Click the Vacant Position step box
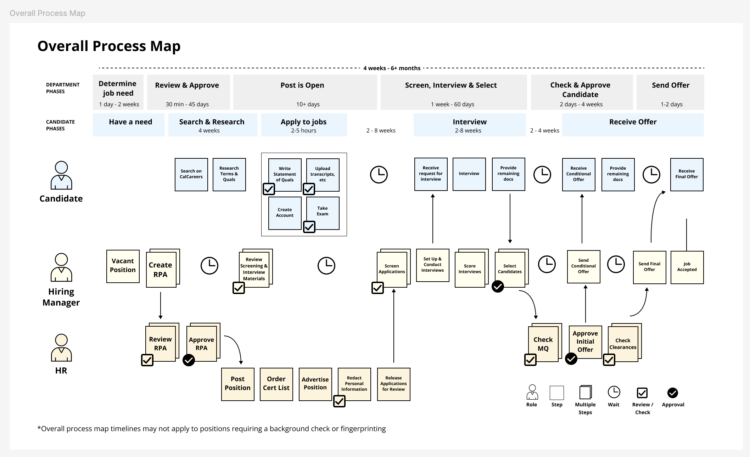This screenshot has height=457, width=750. click(x=123, y=266)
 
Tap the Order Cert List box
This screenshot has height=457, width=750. click(x=276, y=384)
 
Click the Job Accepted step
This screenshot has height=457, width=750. click(x=687, y=267)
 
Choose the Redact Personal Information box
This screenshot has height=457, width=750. click(x=354, y=384)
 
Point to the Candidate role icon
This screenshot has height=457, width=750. click(x=61, y=175)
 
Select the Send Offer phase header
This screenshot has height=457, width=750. click(x=670, y=92)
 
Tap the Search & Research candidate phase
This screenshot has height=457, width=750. click(x=212, y=125)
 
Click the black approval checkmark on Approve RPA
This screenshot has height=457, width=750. click(x=189, y=360)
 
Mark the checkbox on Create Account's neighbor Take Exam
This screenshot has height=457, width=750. click(x=309, y=227)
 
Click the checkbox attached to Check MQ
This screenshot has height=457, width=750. click(x=530, y=360)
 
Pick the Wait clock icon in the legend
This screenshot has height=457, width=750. click(x=614, y=392)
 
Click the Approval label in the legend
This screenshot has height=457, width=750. click(x=673, y=405)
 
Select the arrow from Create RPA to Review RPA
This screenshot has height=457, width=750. click(x=161, y=305)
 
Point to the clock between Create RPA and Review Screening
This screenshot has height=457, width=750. click(x=209, y=266)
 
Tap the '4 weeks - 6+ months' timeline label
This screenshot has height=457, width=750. click(x=392, y=68)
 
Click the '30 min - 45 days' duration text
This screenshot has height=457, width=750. click(x=187, y=104)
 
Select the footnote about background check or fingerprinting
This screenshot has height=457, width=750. click(x=212, y=429)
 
